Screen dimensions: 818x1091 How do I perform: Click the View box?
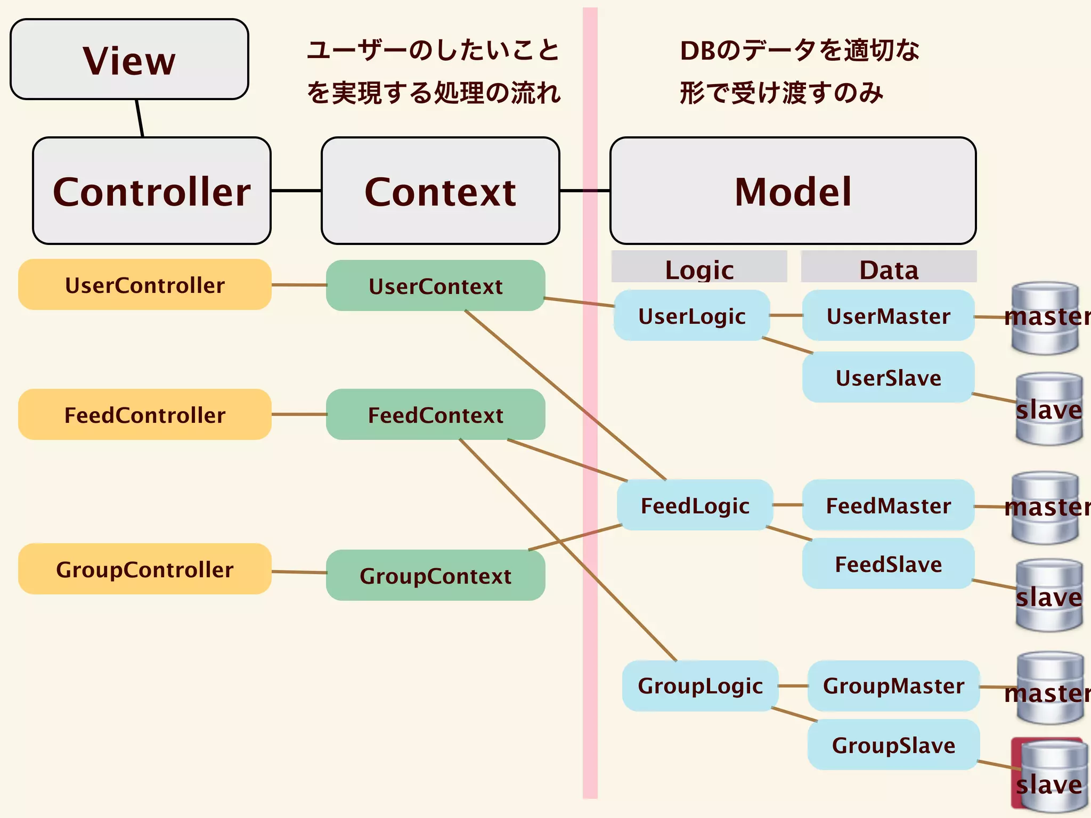(x=129, y=59)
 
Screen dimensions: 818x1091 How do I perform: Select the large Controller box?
(x=152, y=191)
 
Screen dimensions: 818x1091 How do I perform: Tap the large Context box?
(x=440, y=191)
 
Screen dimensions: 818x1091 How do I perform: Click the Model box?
(x=793, y=191)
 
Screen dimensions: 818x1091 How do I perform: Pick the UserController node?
(x=144, y=285)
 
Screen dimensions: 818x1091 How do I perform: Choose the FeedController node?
(x=144, y=414)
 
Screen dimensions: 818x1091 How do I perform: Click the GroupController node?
(x=144, y=569)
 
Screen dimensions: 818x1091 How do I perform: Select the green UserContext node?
(x=435, y=285)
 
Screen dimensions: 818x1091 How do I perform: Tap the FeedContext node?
(x=435, y=414)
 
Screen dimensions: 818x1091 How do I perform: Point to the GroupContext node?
(x=435, y=575)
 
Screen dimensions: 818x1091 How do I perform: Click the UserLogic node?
(x=691, y=315)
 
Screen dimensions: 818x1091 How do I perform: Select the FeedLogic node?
(x=695, y=505)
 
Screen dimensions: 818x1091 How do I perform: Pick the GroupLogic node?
(x=700, y=685)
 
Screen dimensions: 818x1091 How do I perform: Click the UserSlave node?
(x=888, y=377)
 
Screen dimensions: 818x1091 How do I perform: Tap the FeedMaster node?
(x=888, y=505)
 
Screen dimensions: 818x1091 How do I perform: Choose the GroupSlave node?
(x=893, y=745)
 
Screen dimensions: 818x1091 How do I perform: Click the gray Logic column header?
(x=699, y=267)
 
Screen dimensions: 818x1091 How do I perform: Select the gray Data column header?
(x=889, y=267)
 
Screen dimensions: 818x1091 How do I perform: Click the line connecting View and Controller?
(x=140, y=118)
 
